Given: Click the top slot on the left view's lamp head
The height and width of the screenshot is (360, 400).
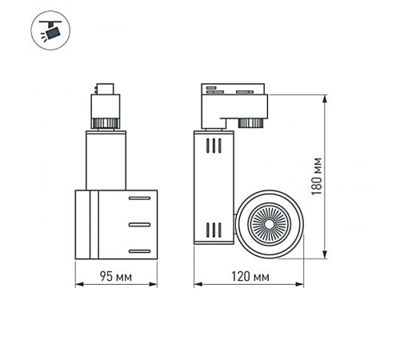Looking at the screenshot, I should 138,197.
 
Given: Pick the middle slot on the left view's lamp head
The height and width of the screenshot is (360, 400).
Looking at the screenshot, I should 138,224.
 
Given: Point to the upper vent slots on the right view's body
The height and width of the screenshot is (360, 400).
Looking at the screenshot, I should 212,146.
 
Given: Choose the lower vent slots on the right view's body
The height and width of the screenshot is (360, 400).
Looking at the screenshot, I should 212,230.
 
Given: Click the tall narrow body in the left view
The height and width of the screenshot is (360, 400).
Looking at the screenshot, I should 104,160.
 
